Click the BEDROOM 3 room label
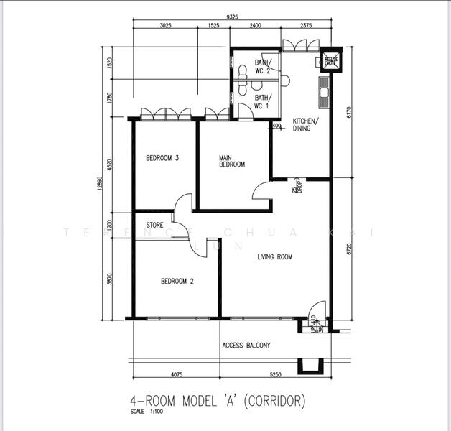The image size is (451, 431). (162, 159)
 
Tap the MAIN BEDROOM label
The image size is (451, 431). (232, 161)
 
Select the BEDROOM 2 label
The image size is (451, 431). (177, 282)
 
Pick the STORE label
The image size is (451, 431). (154, 225)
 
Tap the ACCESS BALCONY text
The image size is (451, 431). (246, 346)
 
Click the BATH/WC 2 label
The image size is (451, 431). (262, 67)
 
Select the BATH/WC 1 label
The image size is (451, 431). (262, 102)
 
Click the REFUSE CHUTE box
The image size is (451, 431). (330, 61)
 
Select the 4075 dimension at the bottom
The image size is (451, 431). (175, 374)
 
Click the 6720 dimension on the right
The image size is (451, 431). (348, 248)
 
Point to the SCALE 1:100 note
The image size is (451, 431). (147, 412)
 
